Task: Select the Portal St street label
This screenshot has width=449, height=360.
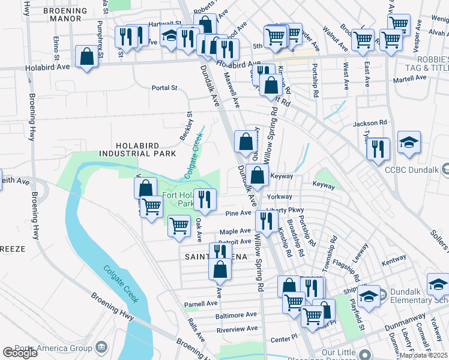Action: pos(164,88)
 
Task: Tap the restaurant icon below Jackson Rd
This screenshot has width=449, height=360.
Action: pos(378,149)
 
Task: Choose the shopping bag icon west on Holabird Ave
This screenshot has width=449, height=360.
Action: pos(88,58)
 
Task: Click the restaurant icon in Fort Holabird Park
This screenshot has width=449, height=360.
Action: pos(205,199)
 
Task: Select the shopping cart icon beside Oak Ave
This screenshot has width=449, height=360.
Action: pos(179,226)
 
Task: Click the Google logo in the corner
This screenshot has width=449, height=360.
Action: pos(19,353)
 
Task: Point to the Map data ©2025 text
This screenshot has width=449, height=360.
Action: pos(423,355)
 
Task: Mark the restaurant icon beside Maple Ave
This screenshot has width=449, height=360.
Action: pos(265,221)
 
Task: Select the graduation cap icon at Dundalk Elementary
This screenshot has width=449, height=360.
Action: pos(368,296)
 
